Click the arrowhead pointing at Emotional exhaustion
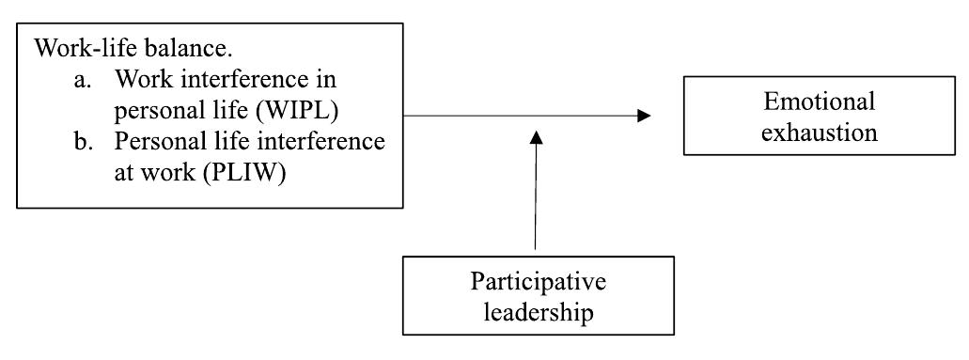point(644,116)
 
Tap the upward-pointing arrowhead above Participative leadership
point(537,137)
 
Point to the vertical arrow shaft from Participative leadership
point(537,197)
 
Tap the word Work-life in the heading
point(77,46)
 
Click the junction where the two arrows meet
point(537,117)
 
